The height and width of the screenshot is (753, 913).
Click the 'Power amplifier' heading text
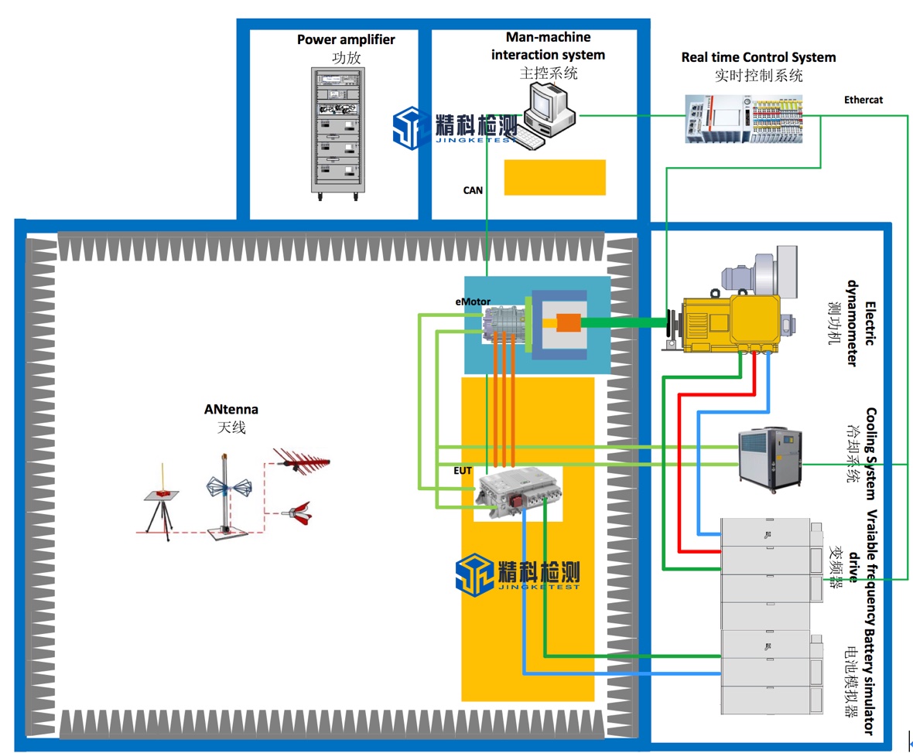(346, 39)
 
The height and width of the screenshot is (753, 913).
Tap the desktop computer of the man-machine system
(548, 115)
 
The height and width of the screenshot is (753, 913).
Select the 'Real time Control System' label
(758, 57)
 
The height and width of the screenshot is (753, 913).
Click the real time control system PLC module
(743, 119)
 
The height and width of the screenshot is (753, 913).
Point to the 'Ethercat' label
(863, 100)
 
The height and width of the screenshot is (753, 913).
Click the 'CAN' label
(473, 189)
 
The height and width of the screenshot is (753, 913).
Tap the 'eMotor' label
(472, 301)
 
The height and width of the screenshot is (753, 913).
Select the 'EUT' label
(462, 469)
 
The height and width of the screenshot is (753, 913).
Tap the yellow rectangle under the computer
(555, 177)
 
